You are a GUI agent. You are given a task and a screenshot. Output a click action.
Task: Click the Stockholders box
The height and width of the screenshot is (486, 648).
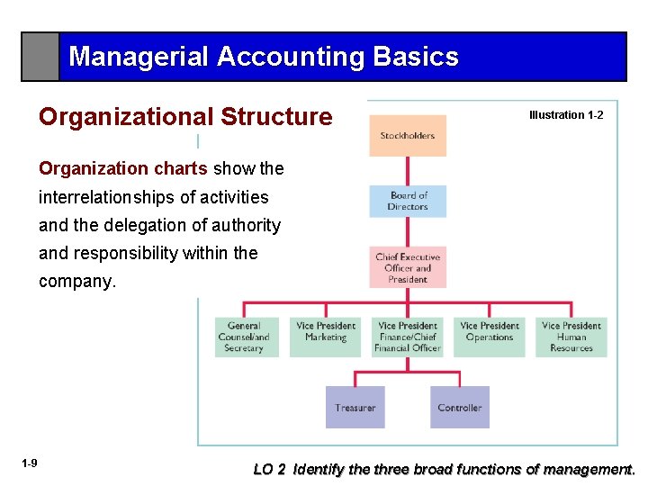tap(407, 136)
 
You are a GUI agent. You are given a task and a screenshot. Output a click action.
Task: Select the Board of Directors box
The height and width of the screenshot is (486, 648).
tap(407, 201)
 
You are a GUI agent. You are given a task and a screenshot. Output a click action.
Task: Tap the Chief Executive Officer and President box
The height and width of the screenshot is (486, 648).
tap(407, 267)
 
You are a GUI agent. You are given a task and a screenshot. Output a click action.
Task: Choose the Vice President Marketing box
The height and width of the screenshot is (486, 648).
tap(326, 337)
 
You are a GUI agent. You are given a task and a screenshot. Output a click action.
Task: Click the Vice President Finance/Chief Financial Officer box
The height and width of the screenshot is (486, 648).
tap(407, 337)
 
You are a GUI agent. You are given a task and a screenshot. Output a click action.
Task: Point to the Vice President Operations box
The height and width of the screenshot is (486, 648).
tap(489, 337)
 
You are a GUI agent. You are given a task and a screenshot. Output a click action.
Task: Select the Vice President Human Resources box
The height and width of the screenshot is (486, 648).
tap(571, 337)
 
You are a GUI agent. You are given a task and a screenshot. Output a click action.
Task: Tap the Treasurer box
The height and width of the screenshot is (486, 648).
tap(355, 408)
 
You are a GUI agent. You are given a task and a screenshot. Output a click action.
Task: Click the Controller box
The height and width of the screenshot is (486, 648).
tap(460, 408)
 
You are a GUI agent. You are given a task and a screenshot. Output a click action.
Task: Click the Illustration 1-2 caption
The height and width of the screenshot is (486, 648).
tap(566, 115)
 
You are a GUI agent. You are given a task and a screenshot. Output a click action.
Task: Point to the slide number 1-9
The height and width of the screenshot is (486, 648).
tap(30, 463)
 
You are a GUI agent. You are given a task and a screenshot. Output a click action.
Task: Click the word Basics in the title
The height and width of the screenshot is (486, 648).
tap(416, 58)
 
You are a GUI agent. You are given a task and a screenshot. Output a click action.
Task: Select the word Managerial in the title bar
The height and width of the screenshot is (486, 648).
tap(139, 58)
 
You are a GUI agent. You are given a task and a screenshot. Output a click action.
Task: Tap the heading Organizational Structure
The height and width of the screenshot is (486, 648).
tap(185, 117)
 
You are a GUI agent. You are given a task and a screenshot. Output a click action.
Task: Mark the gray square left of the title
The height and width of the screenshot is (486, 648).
tap(40, 57)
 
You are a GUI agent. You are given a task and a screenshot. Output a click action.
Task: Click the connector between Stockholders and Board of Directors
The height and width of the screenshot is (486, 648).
tap(408, 171)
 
